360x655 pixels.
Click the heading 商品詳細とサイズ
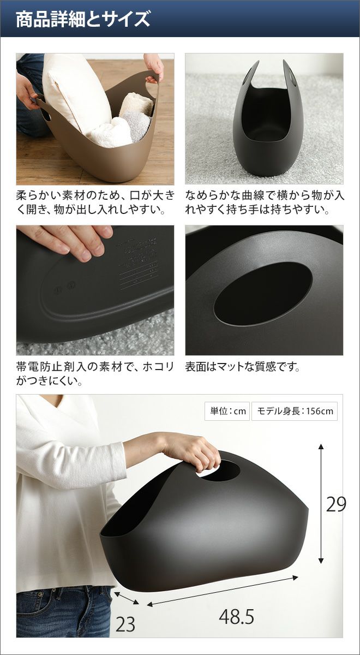tap(83, 19)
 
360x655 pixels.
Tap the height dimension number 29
tap(336, 504)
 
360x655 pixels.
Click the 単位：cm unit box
tap(227, 411)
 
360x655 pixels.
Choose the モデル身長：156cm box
tap(295, 411)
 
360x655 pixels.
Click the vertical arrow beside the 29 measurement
tap(321, 503)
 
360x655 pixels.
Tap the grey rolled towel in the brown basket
tap(135, 125)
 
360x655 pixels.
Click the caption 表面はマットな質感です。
tap(243, 367)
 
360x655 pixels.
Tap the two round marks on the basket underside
tap(65, 287)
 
